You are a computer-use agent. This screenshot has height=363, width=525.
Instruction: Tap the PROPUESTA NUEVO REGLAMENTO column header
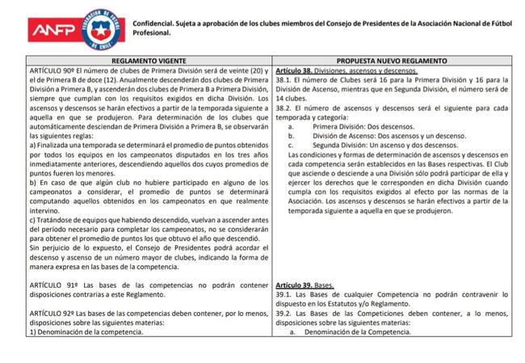(393, 61)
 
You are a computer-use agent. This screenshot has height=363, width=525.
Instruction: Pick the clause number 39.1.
(284, 295)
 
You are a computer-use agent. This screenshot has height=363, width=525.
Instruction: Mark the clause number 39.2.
(284, 313)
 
